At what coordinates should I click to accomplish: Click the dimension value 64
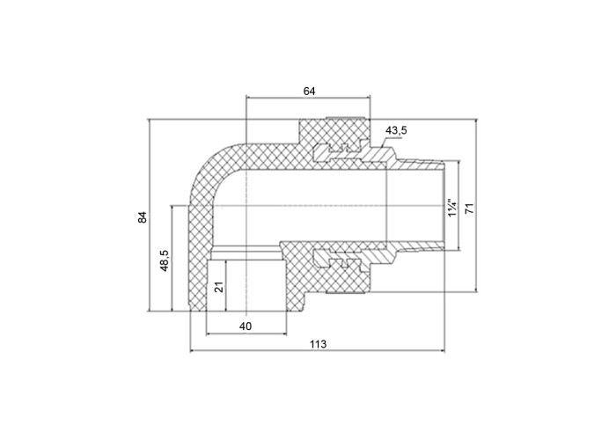click(309, 92)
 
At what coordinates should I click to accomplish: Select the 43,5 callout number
click(396, 130)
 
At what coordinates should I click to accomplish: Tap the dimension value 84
click(143, 217)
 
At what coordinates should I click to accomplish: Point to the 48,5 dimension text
click(165, 260)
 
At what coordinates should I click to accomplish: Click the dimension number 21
click(220, 286)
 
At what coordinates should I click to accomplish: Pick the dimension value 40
click(246, 326)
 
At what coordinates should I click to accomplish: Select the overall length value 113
click(318, 345)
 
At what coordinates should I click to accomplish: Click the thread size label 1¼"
click(452, 208)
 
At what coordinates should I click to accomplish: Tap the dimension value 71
click(469, 209)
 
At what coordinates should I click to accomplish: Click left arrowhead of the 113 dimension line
click(193, 351)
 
